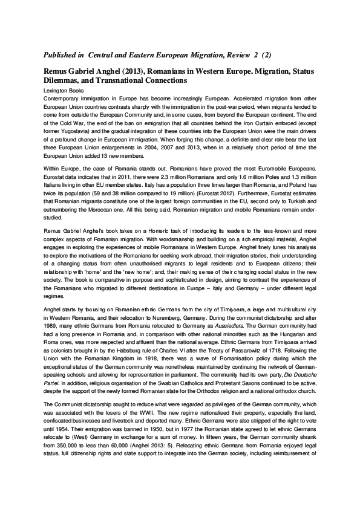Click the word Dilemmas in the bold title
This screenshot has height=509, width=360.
66,80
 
